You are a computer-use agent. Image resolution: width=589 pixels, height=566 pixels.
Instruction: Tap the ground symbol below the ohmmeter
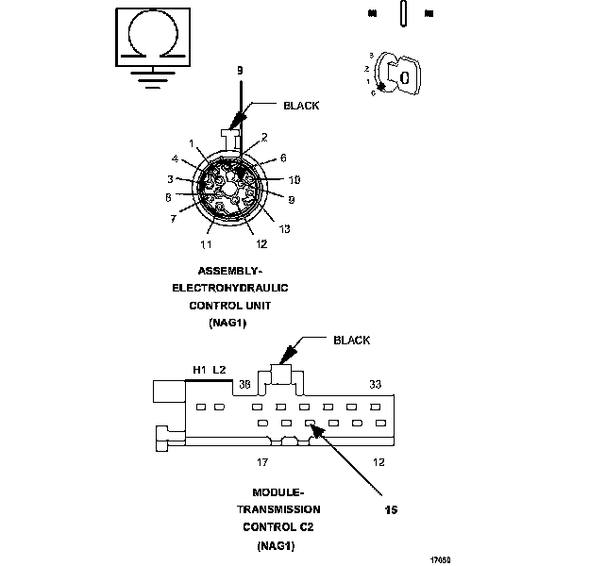pyautogui.click(x=151, y=75)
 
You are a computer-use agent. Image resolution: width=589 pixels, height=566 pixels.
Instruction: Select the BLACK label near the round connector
pyautogui.click(x=301, y=107)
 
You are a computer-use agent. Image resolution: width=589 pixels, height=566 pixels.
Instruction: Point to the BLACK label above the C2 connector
pyautogui.click(x=351, y=341)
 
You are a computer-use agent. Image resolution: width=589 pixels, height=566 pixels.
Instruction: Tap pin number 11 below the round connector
pyautogui.click(x=205, y=244)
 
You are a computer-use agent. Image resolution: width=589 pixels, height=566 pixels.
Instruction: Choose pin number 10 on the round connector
pyautogui.click(x=294, y=179)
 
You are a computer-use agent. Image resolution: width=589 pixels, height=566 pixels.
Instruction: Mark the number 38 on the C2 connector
pyautogui.click(x=244, y=384)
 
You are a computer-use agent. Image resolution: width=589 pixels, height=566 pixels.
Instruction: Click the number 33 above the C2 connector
pyautogui.click(x=375, y=384)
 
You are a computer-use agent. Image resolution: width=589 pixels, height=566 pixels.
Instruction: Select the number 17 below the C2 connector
pyautogui.click(x=263, y=462)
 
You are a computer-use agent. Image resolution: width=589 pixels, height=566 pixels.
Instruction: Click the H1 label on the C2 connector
pyautogui.click(x=199, y=370)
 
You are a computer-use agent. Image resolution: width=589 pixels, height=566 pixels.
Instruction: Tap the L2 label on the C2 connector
pyautogui.click(x=219, y=370)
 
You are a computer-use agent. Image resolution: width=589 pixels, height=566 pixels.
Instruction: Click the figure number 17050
pyautogui.click(x=440, y=559)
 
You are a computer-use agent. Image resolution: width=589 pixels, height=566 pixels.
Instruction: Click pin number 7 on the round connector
pyautogui.click(x=173, y=218)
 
